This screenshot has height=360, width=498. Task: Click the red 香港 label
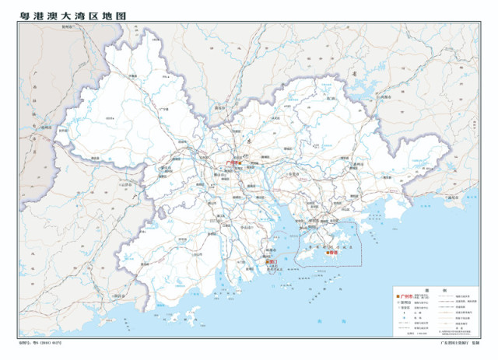pyautogui.click(x=335, y=252)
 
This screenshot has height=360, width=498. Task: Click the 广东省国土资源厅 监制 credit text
pyautogui.click(x=459, y=341)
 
